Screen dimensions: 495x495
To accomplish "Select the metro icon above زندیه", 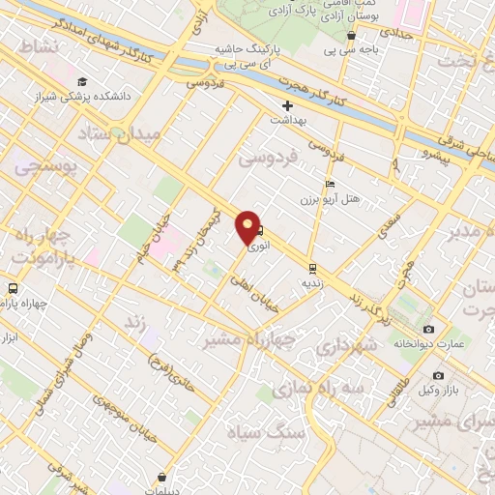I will point(312,268).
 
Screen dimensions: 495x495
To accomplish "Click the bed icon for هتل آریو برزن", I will point(330,185).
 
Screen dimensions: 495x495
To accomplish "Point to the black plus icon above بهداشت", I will point(287,105).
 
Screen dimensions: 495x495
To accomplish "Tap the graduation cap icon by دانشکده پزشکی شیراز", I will point(82,82).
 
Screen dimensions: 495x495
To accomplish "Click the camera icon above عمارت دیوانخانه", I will point(428,329).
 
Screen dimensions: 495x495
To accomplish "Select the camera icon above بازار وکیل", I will point(438,375).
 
